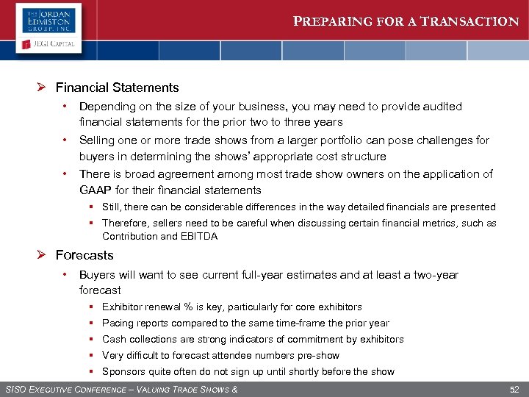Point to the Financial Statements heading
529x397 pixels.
[127, 87]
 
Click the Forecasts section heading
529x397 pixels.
[95, 255]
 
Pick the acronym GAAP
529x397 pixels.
[95, 190]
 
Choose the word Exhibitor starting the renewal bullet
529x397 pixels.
[123, 307]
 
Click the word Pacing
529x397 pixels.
[118, 323]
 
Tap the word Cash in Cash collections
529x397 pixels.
[113, 339]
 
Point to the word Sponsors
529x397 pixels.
[123, 371]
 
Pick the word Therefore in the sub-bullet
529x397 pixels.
[125, 223]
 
